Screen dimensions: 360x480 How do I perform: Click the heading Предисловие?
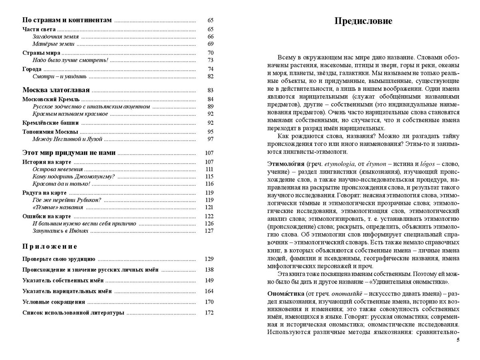pyautogui.click(x=363, y=21)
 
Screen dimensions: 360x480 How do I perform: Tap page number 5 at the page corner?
pyautogui.click(x=458, y=340)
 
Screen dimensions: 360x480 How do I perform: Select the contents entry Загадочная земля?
pyautogui.click(x=56, y=36)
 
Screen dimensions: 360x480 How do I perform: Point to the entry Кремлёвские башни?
pyautogui.click(x=51, y=123)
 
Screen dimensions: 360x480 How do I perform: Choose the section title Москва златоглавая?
pyautogui.click(x=56, y=90)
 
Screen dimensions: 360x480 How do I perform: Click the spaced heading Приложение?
pyautogui.click(x=50, y=246)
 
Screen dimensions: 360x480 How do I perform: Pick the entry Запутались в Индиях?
pyautogui.click(x=60, y=231)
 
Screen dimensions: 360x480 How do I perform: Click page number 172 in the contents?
pyautogui.click(x=209, y=313)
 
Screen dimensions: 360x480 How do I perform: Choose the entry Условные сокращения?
pyautogui.click(x=54, y=302)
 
